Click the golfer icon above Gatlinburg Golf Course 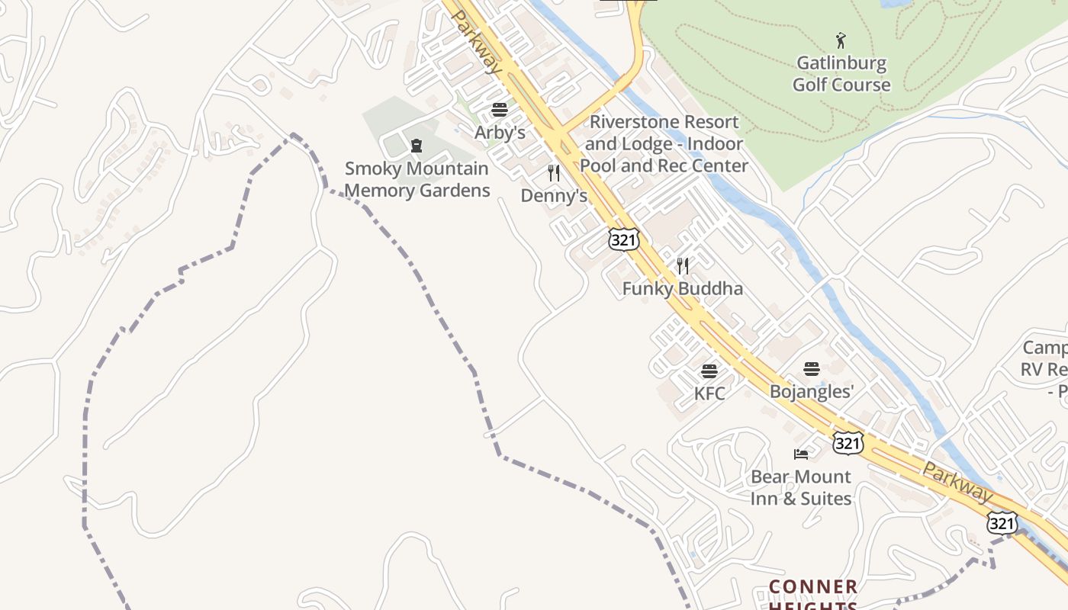841,40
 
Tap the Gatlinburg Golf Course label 841,74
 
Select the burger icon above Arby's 500,110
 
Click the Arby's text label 500,133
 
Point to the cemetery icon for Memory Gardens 417,145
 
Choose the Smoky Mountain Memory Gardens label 417,179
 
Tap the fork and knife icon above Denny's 554,173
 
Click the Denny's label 554,196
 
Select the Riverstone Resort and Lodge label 664,143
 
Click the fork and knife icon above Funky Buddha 683,266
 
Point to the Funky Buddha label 682,289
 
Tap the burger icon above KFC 709,371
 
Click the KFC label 709,393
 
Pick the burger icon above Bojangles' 811,369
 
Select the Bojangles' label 811,392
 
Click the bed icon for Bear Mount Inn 800,454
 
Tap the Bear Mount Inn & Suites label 800,487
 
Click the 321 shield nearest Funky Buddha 622,239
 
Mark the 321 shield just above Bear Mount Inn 848,443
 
